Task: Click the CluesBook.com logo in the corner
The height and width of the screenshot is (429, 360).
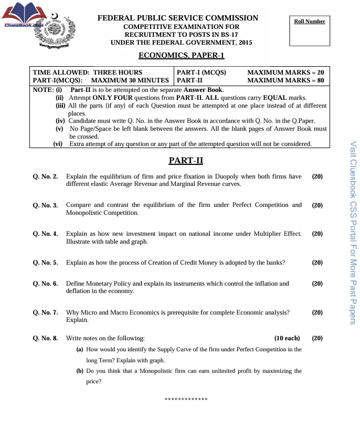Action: [24, 16]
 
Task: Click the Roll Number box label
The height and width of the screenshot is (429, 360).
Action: [309, 22]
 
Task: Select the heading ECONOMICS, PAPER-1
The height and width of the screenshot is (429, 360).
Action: [181, 55]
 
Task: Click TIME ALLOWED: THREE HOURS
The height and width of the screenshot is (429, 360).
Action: [88, 72]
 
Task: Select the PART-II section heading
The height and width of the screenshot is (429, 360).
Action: [186, 160]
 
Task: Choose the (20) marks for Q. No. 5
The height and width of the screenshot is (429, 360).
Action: [317, 263]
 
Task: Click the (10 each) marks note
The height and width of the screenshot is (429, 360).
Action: [287, 338]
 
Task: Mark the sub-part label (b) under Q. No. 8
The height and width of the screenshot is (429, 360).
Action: [80, 371]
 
